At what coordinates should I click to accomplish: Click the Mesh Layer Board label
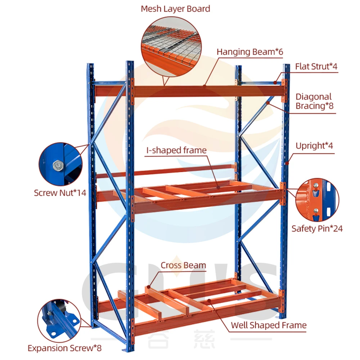coord(175,9)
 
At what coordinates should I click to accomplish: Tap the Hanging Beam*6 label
coord(250,52)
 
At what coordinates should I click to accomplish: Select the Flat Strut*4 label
coord(316,66)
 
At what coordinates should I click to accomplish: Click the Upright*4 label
coord(314,146)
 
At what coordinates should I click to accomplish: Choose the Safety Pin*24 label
coord(317,228)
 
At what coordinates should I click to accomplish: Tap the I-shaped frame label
coord(176,150)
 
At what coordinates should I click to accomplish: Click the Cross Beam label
coord(183,266)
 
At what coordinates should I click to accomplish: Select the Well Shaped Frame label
coord(269,325)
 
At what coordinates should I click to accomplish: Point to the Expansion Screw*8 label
coord(65,348)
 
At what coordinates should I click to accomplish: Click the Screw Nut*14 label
coord(60,193)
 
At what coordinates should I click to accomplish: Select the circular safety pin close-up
coord(317,200)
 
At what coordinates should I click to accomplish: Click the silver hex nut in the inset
coord(58,166)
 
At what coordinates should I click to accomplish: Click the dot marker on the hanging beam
coord(204,86)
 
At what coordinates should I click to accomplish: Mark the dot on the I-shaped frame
coord(219,187)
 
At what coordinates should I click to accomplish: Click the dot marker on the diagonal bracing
coord(268,103)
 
